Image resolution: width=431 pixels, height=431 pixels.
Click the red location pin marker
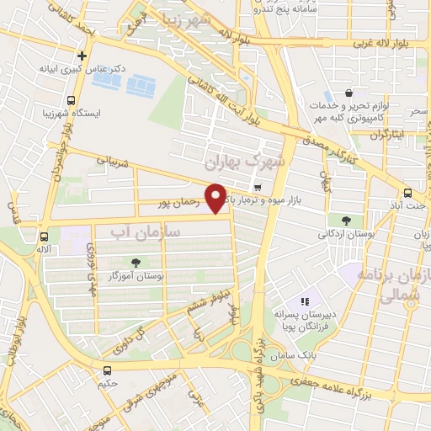(215, 198)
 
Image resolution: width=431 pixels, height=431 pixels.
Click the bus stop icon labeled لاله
(44, 237)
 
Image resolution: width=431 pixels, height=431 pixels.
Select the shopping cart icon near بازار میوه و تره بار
(257, 188)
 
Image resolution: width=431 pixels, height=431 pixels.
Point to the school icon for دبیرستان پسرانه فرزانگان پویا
(306, 301)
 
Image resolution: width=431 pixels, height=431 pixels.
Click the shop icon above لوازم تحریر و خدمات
(349, 93)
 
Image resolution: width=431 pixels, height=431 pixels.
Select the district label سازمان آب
(152, 230)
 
